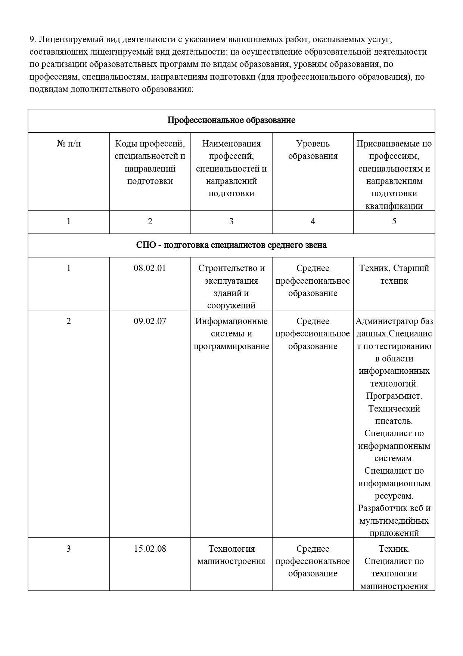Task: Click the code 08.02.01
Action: [x=150, y=268]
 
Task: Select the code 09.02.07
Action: [x=150, y=321]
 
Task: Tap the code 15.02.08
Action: [x=150, y=549]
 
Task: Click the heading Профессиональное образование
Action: [x=231, y=120]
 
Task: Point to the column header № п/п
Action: [x=69, y=144]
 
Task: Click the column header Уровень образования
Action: [x=313, y=150]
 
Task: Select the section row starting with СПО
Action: [x=231, y=245]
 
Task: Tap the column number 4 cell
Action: [x=313, y=222]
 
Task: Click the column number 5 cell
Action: [x=394, y=222]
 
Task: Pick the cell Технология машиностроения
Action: [x=231, y=555]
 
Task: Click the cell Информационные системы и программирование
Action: [x=231, y=333]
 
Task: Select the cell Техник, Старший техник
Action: [x=394, y=274]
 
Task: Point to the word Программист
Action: [x=394, y=396]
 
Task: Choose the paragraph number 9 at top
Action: [x=32, y=40]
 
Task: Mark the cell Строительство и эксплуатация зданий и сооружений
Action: [x=231, y=287]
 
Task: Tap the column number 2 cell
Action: [x=150, y=222]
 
